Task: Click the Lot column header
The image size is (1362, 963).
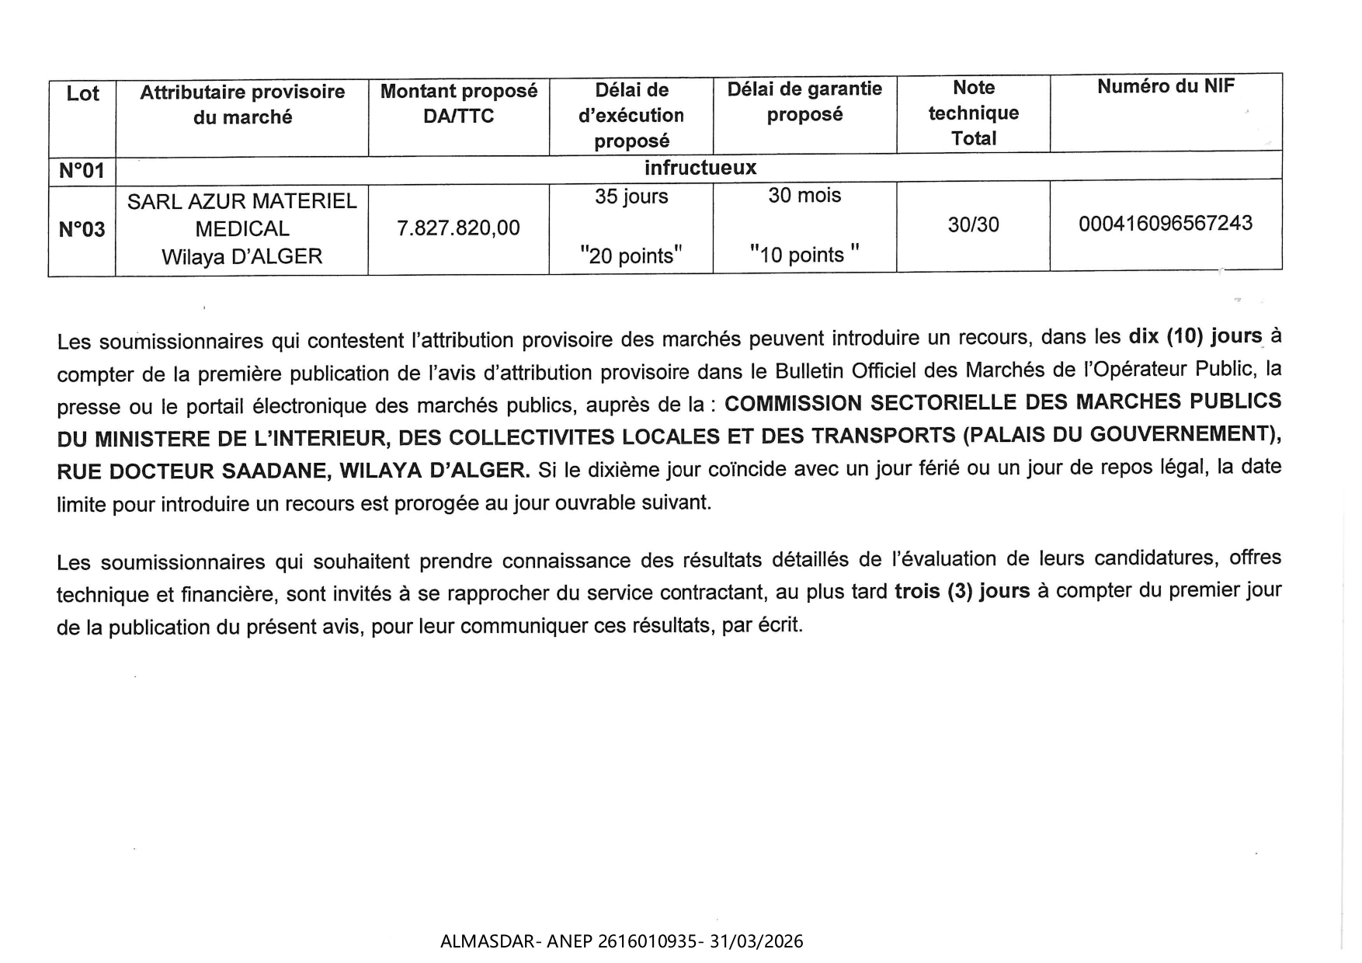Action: pos(82,94)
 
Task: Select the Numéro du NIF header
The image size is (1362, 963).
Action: pos(1165,86)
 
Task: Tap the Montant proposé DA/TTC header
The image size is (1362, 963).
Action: pos(458,103)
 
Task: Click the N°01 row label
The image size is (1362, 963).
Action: pos(82,170)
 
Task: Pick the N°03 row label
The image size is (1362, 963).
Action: pos(82,229)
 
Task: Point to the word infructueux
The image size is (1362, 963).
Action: pos(700,168)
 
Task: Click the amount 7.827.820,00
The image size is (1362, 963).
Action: pos(458,228)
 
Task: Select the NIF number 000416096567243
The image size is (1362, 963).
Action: pos(1165,224)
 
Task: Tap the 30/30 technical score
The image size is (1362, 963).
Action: pos(973,225)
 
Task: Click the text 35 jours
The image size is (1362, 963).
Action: pos(631,196)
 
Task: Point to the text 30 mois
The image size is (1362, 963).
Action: pos(804,195)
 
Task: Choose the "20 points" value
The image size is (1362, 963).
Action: pos(631,256)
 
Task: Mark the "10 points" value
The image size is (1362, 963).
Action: pos(804,255)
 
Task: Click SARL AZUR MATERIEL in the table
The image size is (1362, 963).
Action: pos(241,202)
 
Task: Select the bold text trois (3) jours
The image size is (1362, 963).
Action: pos(962,591)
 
